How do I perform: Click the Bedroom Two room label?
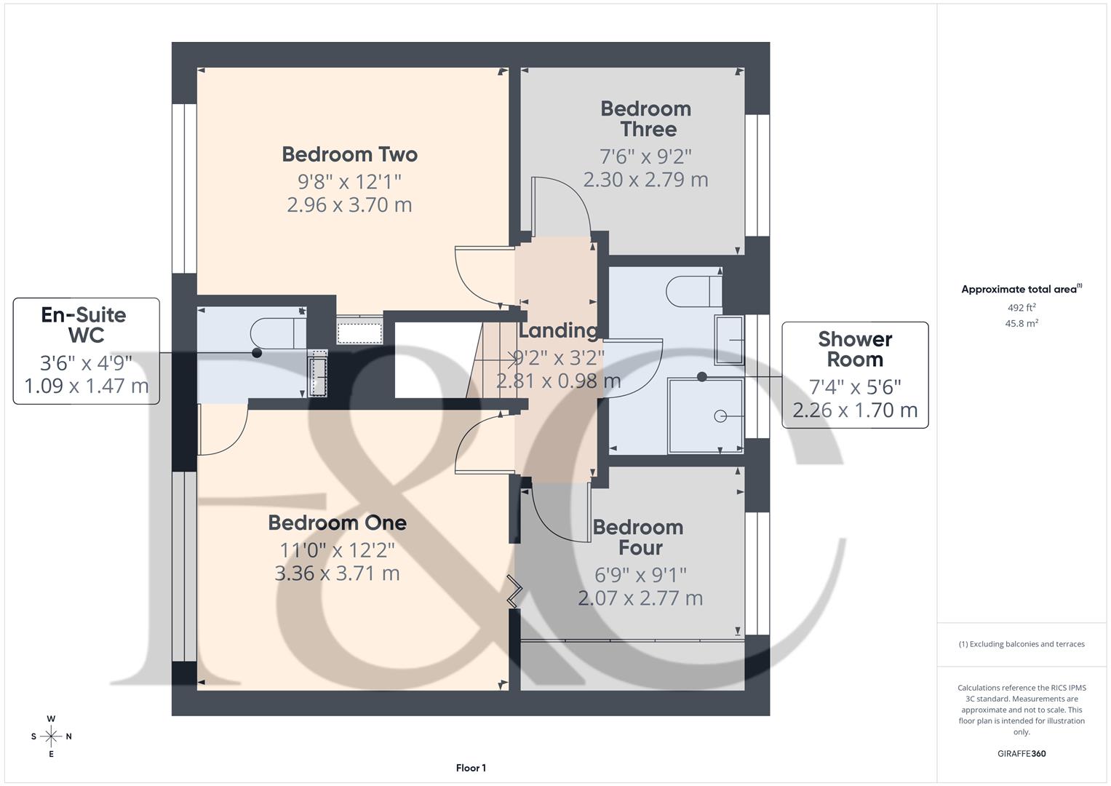coord(349,154)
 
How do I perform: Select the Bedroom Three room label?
coord(646,119)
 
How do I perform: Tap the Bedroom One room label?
coord(337,523)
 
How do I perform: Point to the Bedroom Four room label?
coord(638,537)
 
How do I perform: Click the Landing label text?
coord(558,330)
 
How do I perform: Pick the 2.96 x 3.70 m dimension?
coord(349,205)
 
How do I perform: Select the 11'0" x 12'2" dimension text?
coord(337,549)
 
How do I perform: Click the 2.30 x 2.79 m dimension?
coord(645,179)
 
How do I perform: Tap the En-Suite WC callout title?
coord(84,325)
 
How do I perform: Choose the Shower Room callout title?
coord(855,349)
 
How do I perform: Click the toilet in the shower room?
coord(694,291)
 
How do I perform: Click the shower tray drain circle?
coord(720,416)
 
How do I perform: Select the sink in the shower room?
coord(729,339)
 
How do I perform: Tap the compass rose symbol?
coord(51,737)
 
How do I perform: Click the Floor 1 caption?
coord(471,768)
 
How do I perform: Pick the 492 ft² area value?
coord(1022,308)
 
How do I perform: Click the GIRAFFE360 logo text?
coord(1022,753)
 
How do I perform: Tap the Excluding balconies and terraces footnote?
coord(1022,644)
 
